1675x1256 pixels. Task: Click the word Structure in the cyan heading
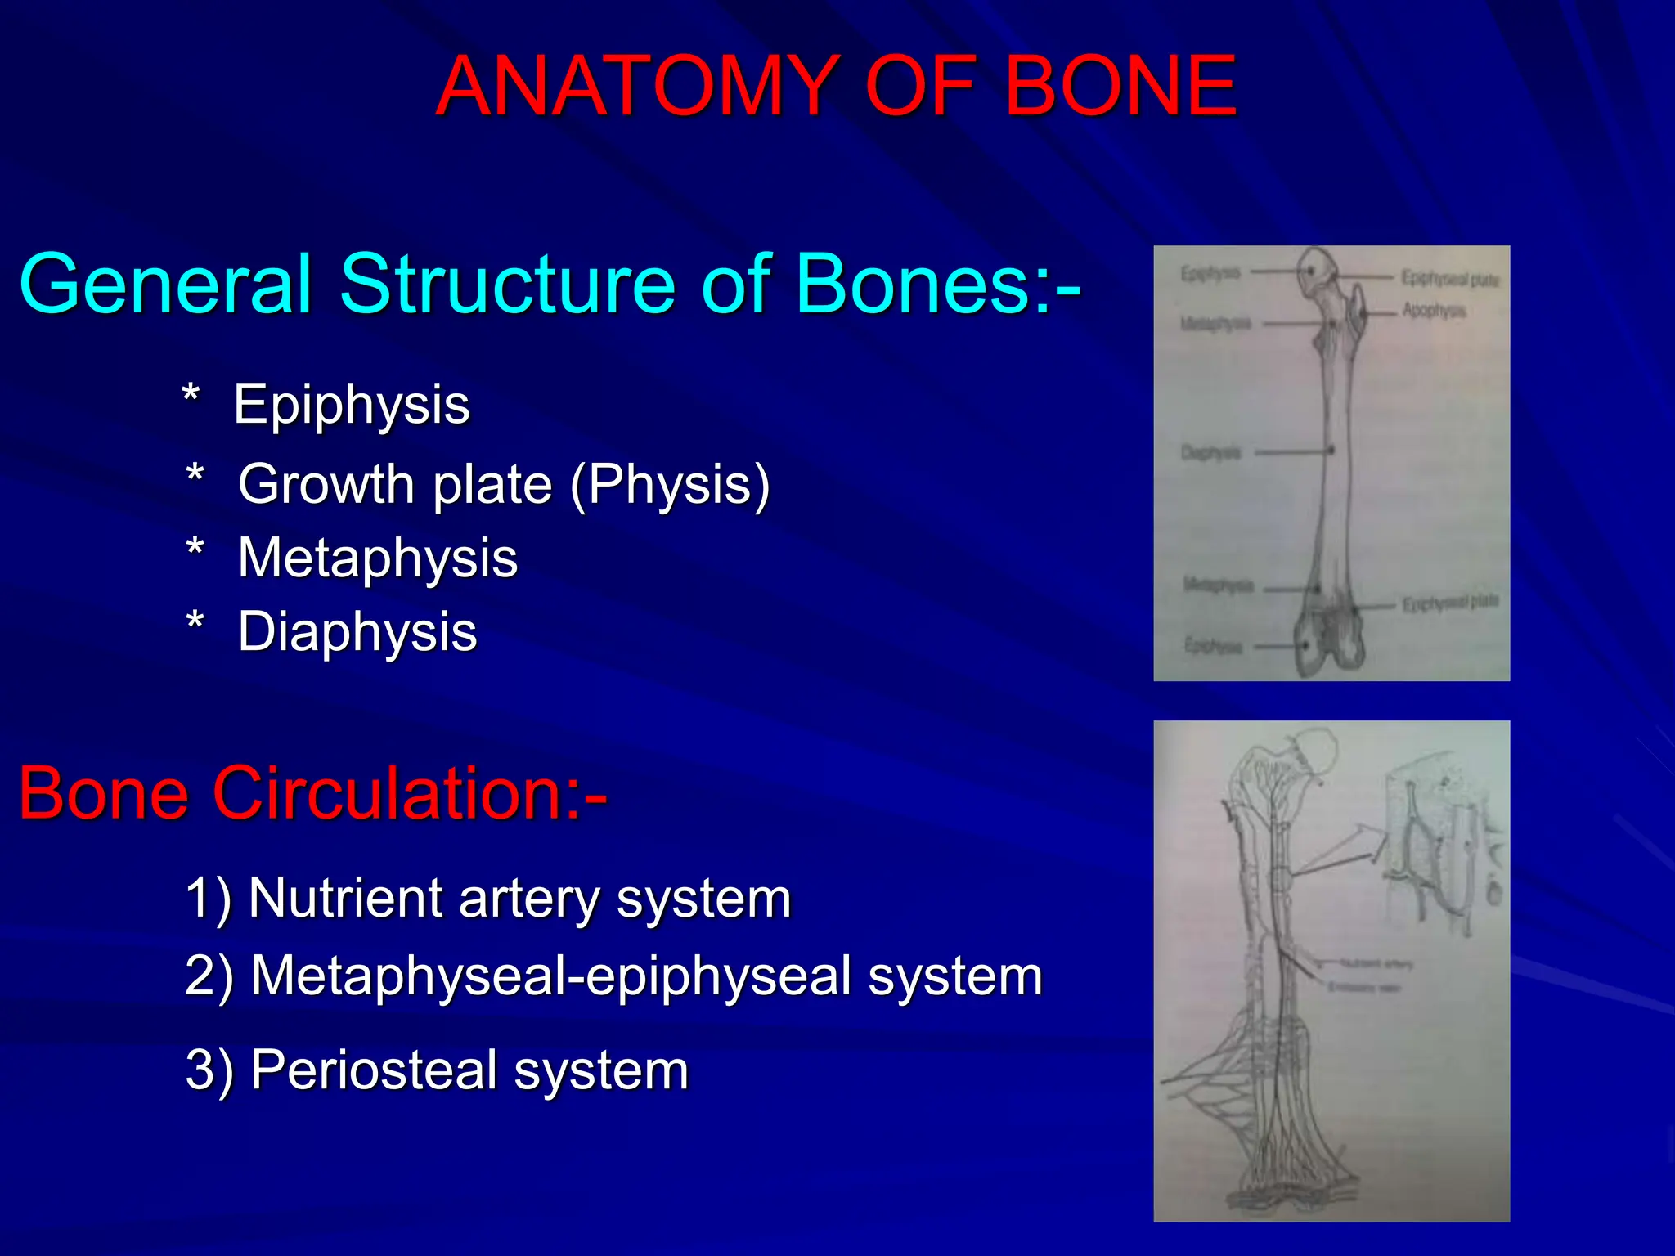pos(507,284)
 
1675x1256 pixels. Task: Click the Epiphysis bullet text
pos(352,405)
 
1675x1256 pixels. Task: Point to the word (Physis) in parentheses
pos(670,485)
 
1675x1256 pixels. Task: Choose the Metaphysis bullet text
pos(377,558)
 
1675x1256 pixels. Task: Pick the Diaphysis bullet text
pos(357,632)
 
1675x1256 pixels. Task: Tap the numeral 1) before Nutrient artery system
pos(209,899)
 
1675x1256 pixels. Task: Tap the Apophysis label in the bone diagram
pos(1435,311)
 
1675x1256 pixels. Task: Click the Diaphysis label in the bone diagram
pos(1210,452)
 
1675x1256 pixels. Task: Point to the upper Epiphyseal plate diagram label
pos(1450,279)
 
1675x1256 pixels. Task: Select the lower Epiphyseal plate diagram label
pos(1450,603)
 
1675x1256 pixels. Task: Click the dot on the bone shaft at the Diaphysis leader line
pos(1331,451)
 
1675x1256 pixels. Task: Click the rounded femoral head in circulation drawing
pos(1312,748)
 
